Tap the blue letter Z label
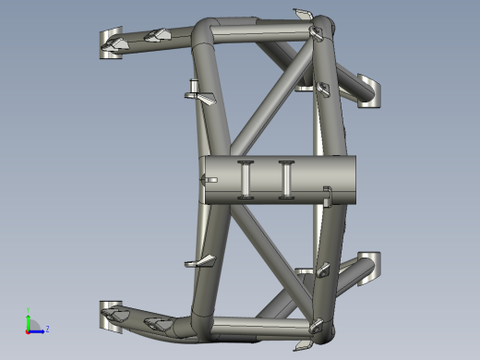coord(47,329)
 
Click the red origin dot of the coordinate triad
coord(28,330)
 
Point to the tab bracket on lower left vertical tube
coord(198,264)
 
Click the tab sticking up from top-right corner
coord(303,13)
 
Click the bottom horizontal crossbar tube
coord(263,324)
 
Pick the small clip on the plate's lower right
coord(327,195)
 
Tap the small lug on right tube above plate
coord(322,88)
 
